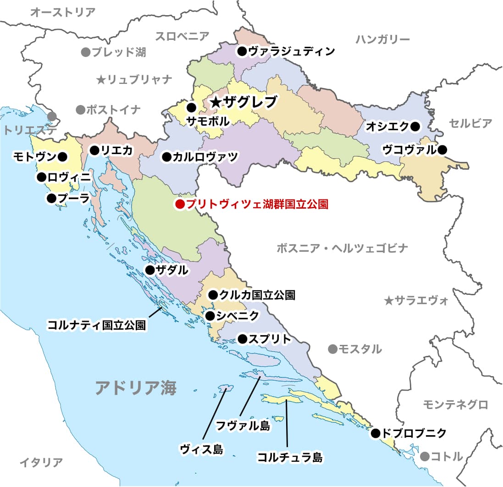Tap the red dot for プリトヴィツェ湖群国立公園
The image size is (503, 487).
(x=180, y=204)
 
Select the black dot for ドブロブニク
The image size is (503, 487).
(x=376, y=432)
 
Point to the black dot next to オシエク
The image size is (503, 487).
(x=415, y=127)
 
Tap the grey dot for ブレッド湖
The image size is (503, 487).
(x=85, y=52)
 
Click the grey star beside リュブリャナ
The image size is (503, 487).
(x=101, y=80)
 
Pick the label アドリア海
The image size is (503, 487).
(x=136, y=388)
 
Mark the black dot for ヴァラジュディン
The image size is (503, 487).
(x=242, y=51)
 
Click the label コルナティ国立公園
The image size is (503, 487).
(x=97, y=326)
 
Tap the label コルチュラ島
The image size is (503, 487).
(x=289, y=457)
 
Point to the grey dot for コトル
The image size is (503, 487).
(x=425, y=456)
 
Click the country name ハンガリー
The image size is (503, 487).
(x=382, y=39)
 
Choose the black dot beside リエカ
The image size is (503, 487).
(x=94, y=149)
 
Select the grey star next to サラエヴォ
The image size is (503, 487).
(x=388, y=301)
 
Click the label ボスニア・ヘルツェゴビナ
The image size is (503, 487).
(x=342, y=249)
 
